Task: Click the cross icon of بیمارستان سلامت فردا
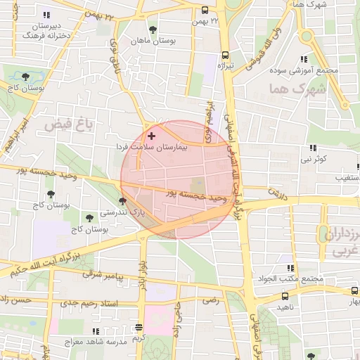coord(151,134)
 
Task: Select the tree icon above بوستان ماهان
coord(153,30)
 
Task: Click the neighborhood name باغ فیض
coord(69,124)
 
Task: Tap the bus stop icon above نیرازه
coord(225,54)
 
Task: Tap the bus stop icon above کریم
coord(139,328)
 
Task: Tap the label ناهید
coord(284,307)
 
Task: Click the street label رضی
coord(210,300)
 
